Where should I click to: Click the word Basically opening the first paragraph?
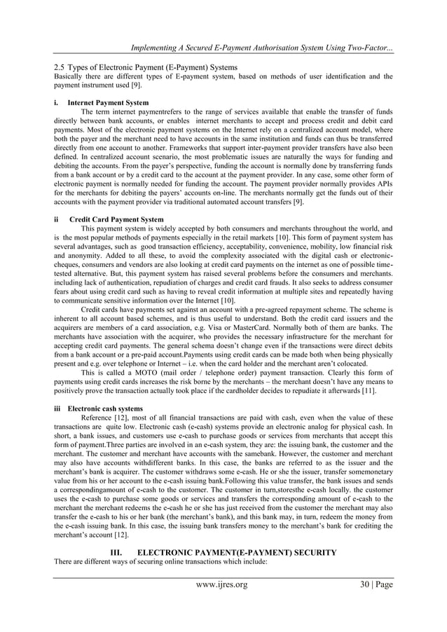tap(69, 75)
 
